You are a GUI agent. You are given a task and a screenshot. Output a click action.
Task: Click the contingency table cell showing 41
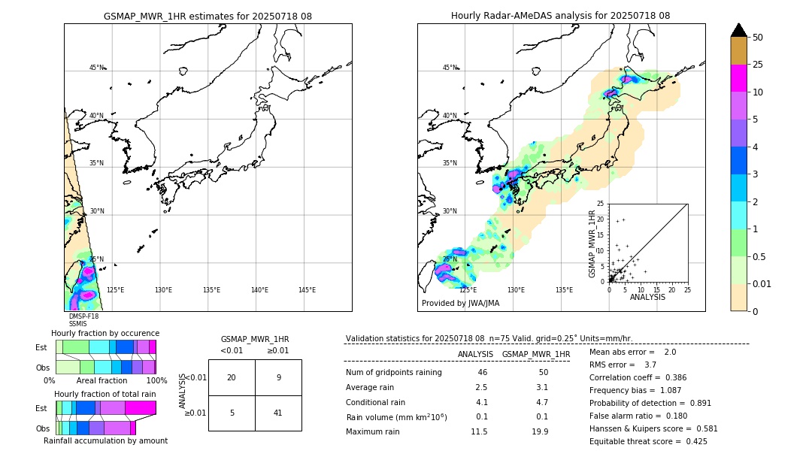tap(278, 413)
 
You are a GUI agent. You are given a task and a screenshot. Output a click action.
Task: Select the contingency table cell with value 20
tap(232, 377)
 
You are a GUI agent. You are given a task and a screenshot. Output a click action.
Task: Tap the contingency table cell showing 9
tap(278, 377)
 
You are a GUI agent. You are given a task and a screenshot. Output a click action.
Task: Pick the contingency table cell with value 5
tap(232, 413)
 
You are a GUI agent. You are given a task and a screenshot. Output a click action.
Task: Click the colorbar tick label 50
tap(758, 38)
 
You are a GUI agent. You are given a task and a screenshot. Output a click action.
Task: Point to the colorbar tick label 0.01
tap(762, 283)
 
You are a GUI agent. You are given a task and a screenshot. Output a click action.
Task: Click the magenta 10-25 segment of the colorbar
tap(738, 78)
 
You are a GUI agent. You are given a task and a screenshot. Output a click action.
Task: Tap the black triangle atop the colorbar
tap(738, 30)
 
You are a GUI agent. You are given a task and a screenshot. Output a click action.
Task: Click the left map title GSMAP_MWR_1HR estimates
tap(208, 16)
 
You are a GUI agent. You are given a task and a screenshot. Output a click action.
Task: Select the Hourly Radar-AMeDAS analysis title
tap(560, 16)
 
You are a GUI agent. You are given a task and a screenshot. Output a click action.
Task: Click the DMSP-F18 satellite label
tap(83, 316)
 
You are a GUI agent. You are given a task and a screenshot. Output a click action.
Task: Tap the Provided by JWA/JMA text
tap(460, 304)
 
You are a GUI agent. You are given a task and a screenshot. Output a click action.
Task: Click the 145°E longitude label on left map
tap(307, 290)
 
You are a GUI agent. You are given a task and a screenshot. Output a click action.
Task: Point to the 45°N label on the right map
tap(450, 68)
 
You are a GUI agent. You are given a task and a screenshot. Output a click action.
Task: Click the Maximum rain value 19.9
tap(539, 431)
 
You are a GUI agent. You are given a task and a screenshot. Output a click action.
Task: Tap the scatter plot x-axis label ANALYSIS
tap(647, 297)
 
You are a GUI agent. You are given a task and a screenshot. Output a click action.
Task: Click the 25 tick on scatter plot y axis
tap(601, 204)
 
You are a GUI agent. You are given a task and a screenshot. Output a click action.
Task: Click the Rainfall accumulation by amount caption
tap(105, 440)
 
